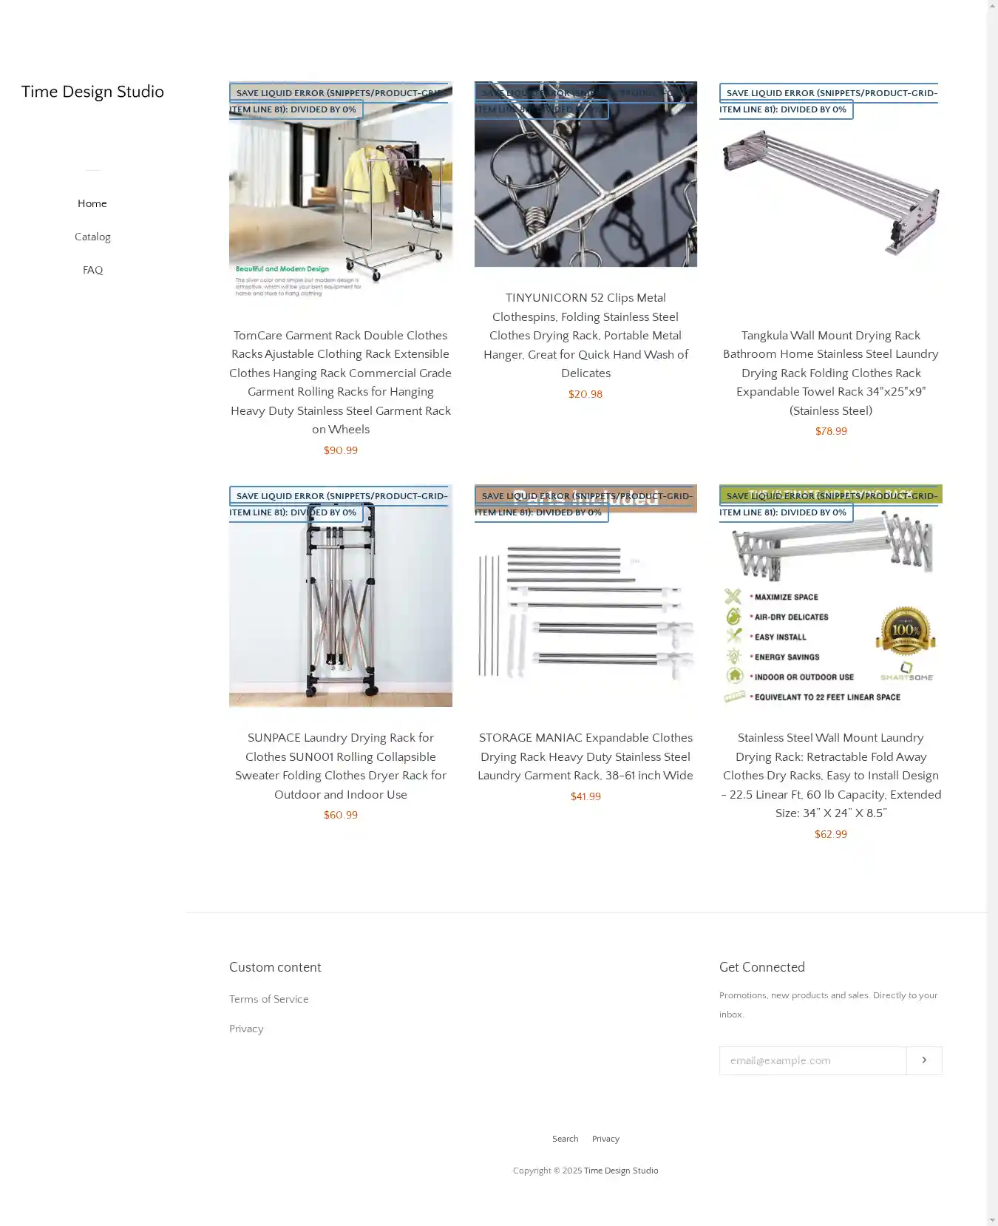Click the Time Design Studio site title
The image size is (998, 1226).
coord(92,92)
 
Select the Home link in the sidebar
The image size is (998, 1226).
coord(92,203)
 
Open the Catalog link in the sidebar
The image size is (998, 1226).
coord(92,237)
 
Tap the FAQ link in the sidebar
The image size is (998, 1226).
coord(92,270)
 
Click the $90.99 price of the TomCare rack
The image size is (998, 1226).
coord(340,450)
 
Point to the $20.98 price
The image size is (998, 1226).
coord(585,394)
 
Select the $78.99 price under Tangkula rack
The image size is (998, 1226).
coord(830,431)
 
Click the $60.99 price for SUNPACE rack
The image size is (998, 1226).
coord(340,815)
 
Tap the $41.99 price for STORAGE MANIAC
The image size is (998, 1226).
coord(585,796)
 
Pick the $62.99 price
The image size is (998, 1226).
coord(830,834)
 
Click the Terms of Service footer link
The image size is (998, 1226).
coord(268,999)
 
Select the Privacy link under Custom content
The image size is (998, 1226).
coord(246,1029)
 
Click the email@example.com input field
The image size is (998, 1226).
coord(812,1060)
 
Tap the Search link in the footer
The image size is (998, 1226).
coord(565,1139)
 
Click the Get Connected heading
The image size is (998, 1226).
coord(761,967)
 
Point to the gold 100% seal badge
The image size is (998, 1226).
coord(906,631)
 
